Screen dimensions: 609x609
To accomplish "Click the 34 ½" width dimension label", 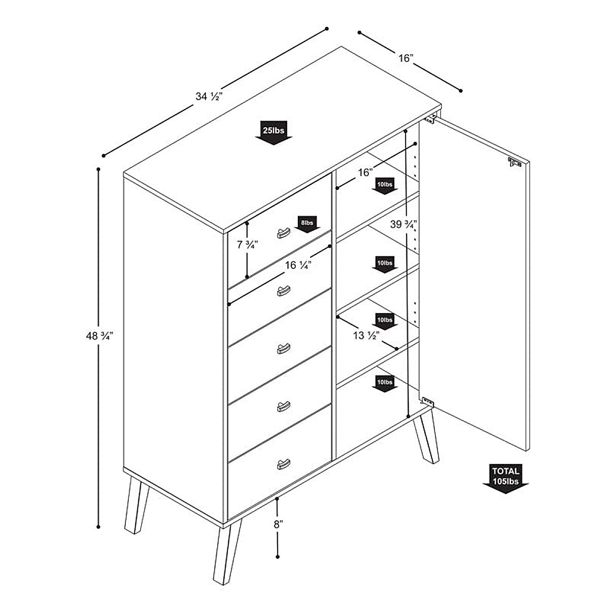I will pyautogui.click(x=208, y=96).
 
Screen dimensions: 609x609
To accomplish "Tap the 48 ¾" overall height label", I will pyautogui.click(x=99, y=335).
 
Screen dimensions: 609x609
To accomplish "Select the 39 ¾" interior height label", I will pyautogui.click(x=404, y=224).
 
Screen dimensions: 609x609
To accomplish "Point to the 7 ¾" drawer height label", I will pyautogui.click(x=248, y=245).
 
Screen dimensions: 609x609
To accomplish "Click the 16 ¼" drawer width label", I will pyautogui.click(x=298, y=265).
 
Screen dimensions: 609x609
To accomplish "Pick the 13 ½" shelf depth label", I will pyautogui.click(x=366, y=335).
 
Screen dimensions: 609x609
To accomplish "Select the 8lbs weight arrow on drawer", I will pyautogui.click(x=307, y=224).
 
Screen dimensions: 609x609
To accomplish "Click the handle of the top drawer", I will pyautogui.click(x=282, y=232).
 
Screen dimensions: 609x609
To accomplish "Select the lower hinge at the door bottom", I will pyautogui.click(x=428, y=401).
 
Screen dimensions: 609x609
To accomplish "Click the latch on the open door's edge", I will pyautogui.click(x=515, y=163).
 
